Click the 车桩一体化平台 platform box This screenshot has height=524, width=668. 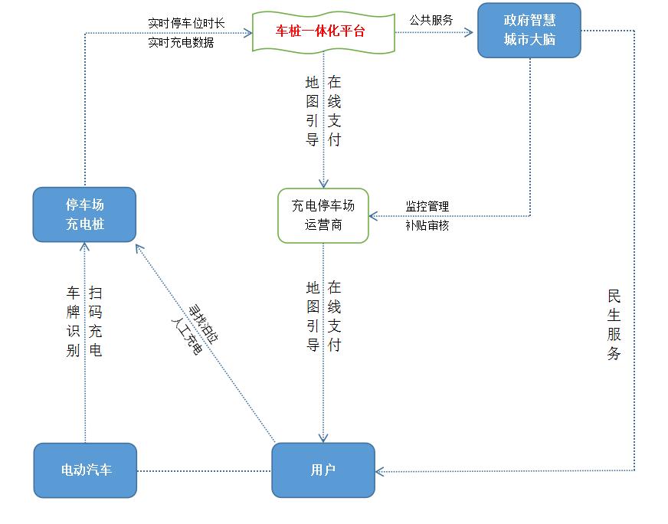click(323, 32)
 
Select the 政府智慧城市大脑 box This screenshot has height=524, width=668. click(529, 31)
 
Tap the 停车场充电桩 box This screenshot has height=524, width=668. click(84, 215)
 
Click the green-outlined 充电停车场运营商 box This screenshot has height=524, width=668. click(323, 216)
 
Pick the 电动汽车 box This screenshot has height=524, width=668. click(85, 470)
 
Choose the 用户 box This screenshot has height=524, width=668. click(323, 470)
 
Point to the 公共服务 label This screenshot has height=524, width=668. click(431, 21)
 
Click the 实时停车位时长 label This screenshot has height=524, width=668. click(186, 23)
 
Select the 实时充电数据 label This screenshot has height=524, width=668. click(182, 43)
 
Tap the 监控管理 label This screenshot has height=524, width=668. click(427, 207)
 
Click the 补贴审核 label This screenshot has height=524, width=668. click(427, 225)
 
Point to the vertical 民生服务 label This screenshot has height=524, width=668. click(614, 325)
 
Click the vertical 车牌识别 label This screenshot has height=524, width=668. click(74, 322)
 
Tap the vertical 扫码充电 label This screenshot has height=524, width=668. click(96, 322)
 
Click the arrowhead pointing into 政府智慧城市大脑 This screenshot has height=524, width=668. click(473, 32)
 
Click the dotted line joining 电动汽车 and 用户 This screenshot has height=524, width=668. click(204, 470)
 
